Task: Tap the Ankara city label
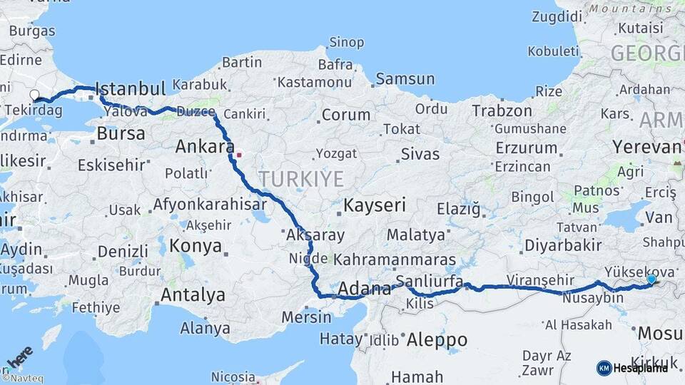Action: click(204, 147)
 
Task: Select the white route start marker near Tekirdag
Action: click(34, 95)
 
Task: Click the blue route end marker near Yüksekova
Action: click(651, 280)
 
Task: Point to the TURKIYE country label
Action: click(300, 178)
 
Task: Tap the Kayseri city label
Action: click(375, 205)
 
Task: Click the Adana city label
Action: click(364, 289)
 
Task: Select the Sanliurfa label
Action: click(430, 279)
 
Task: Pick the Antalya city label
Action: click(193, 294)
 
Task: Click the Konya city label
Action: click(195, 246)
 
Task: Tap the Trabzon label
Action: click(502, 111)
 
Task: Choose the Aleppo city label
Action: click(437, 340)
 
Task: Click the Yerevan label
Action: click(646, 147)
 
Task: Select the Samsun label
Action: click(405, 78)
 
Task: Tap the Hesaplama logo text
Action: click(641, 368)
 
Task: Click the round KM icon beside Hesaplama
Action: click(604, 368)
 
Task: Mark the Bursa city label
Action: click(121, 133)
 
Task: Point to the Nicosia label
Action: click(233, 376)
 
